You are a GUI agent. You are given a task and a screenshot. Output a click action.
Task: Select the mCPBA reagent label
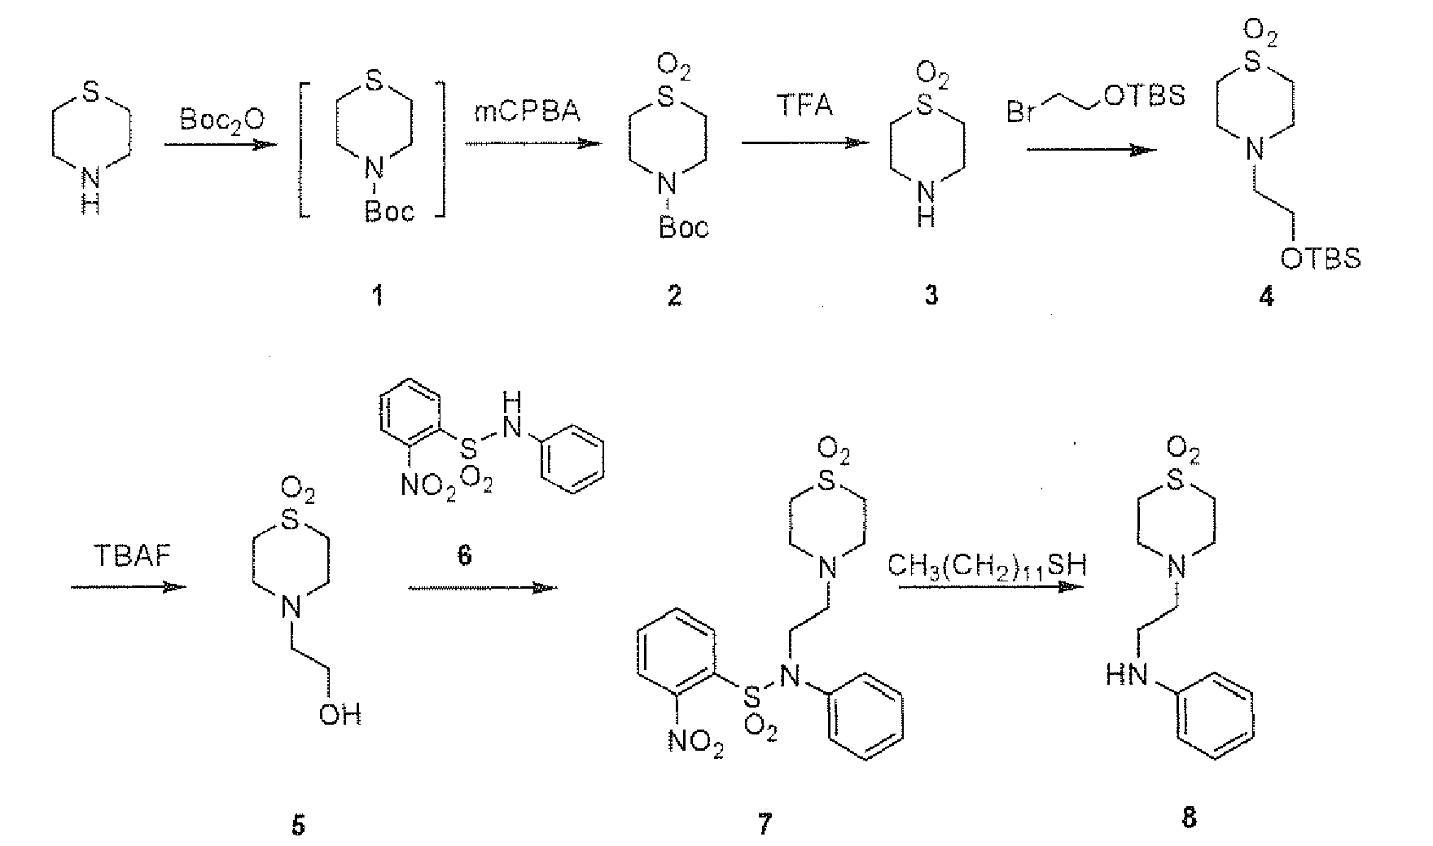[527, 111]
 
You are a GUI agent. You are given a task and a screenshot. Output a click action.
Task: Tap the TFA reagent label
[804, 106]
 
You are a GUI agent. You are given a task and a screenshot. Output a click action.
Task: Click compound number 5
[299, 824]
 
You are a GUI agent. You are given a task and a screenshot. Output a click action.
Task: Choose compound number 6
[465, 557]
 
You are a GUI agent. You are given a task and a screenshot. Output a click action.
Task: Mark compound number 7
[763, 824]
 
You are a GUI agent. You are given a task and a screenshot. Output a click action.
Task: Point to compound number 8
[1189, 817]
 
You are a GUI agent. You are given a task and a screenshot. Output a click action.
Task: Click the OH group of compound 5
[340, 714]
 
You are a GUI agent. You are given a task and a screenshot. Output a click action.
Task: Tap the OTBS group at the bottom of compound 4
[1321, 258]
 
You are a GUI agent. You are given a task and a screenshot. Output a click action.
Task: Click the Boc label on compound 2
[683, 227]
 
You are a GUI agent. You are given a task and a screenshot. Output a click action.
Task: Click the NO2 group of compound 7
[696, 743]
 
